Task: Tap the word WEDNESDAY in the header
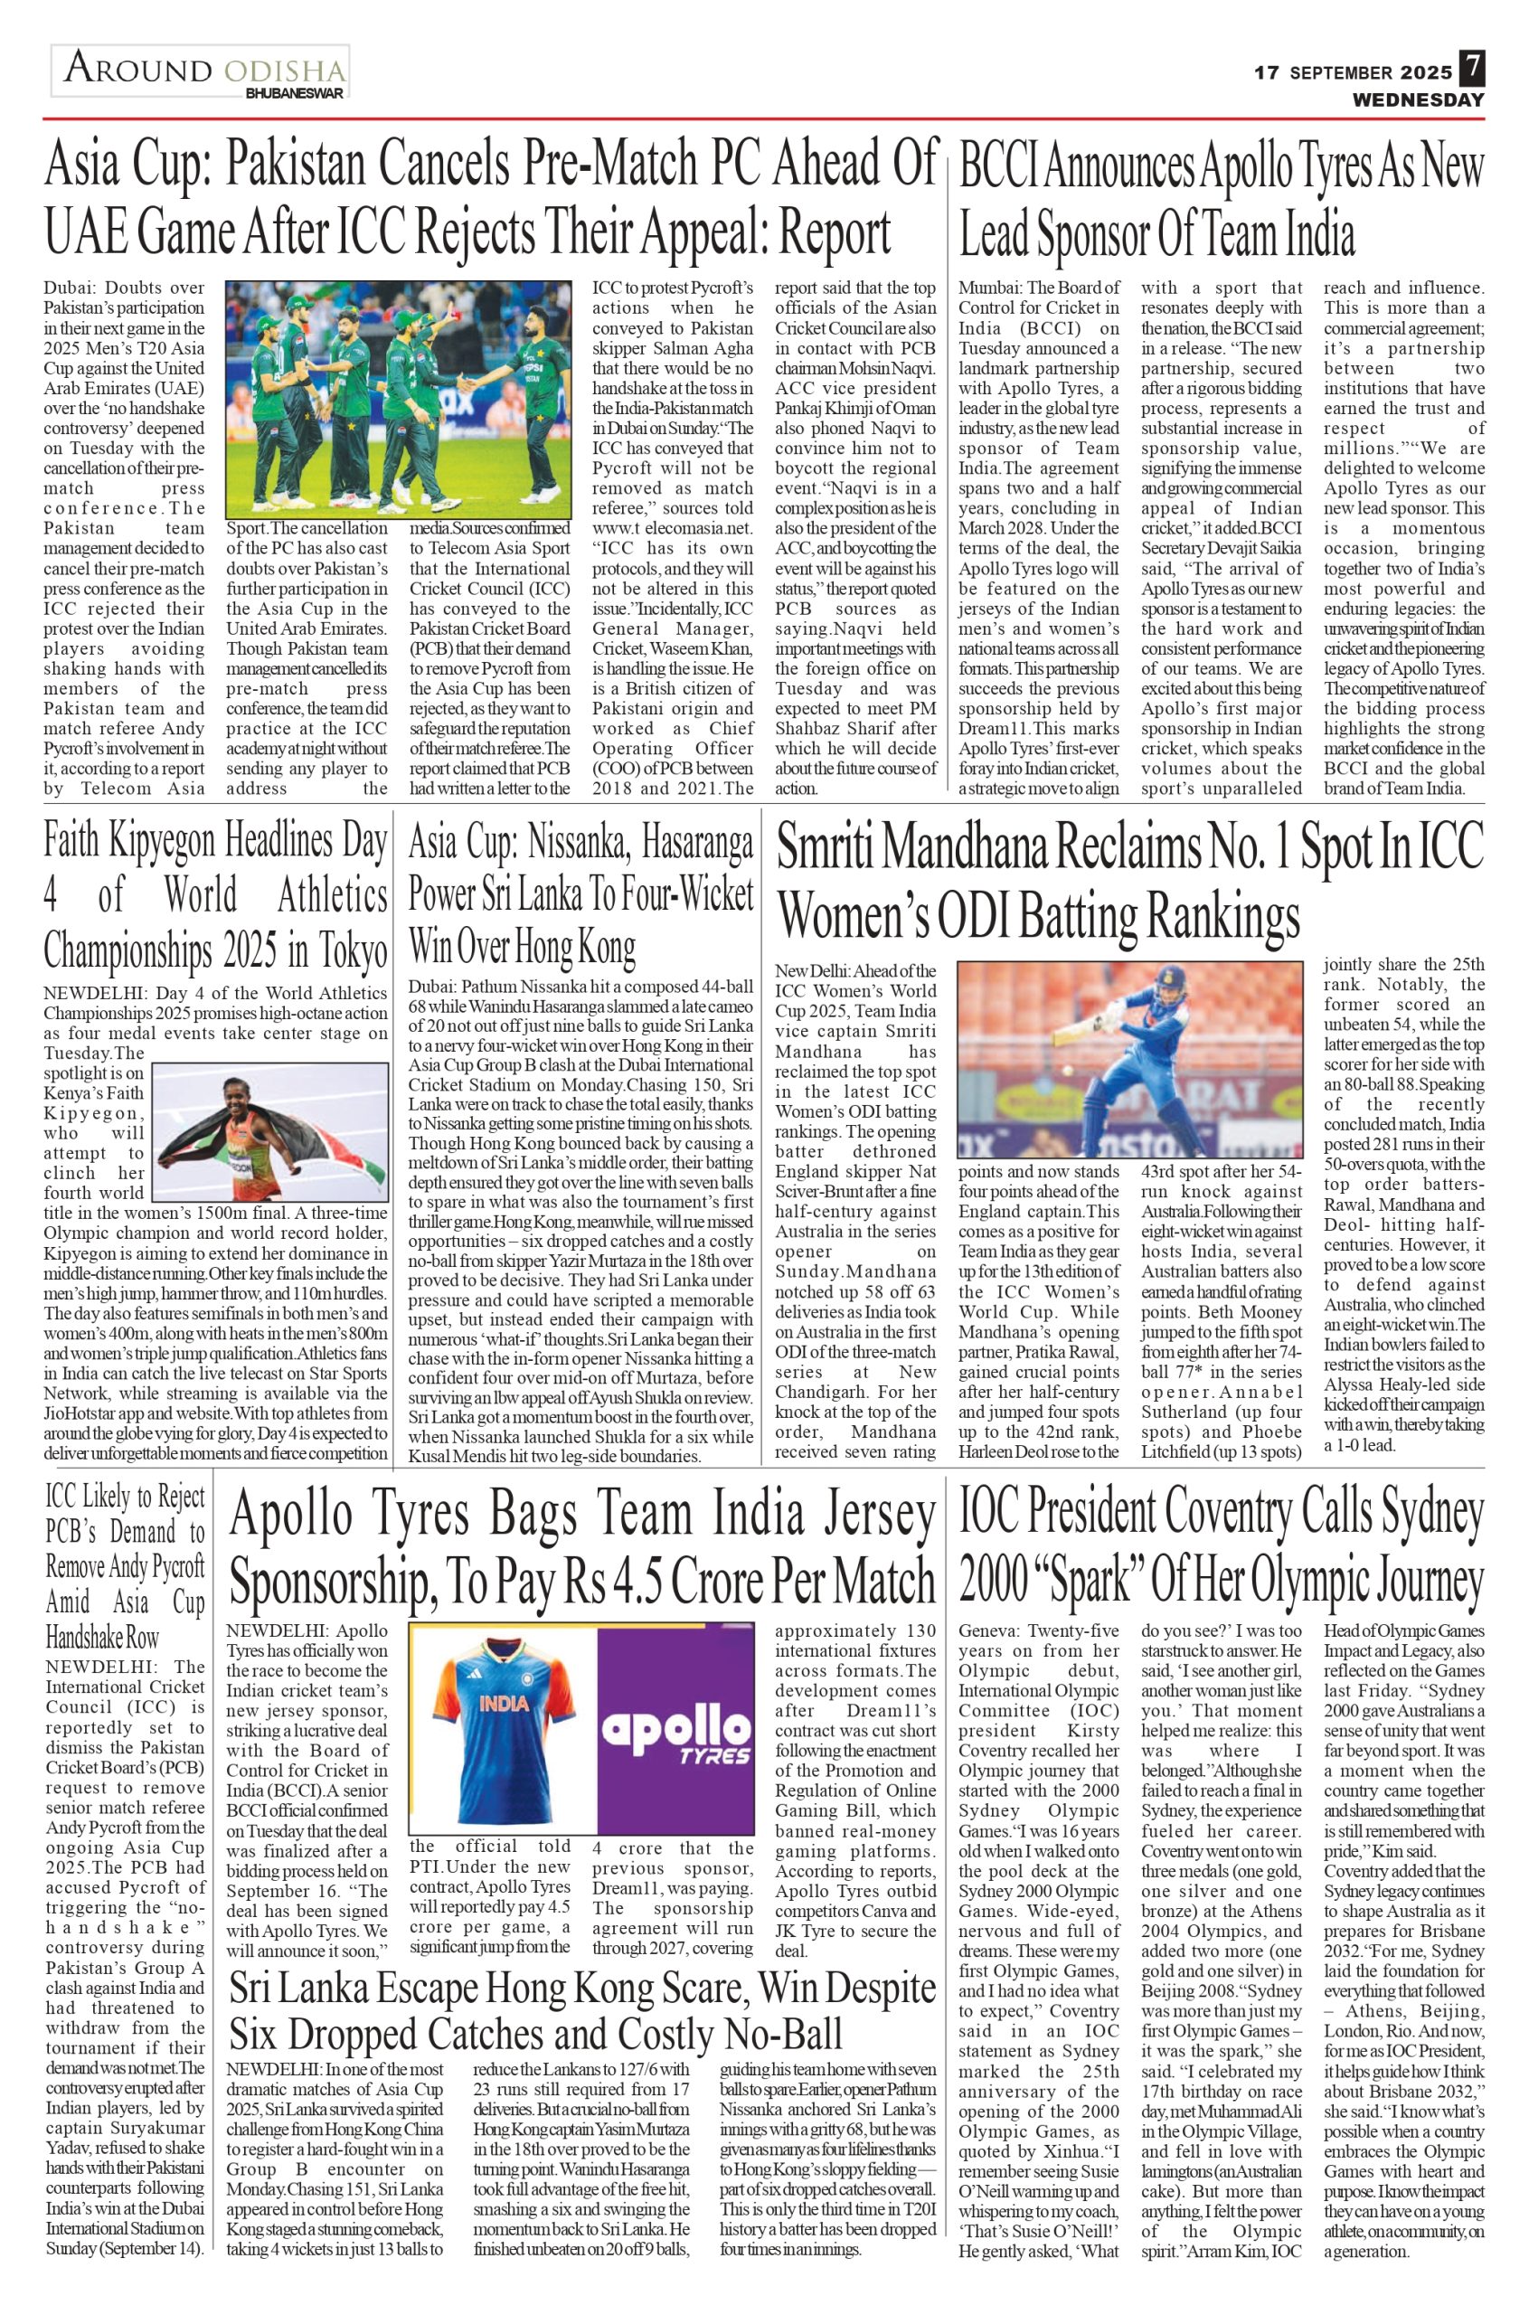[x=1417, y=100]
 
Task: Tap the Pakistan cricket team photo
[x=399, y=399]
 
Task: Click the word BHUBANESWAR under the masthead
[x=295, y=95]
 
